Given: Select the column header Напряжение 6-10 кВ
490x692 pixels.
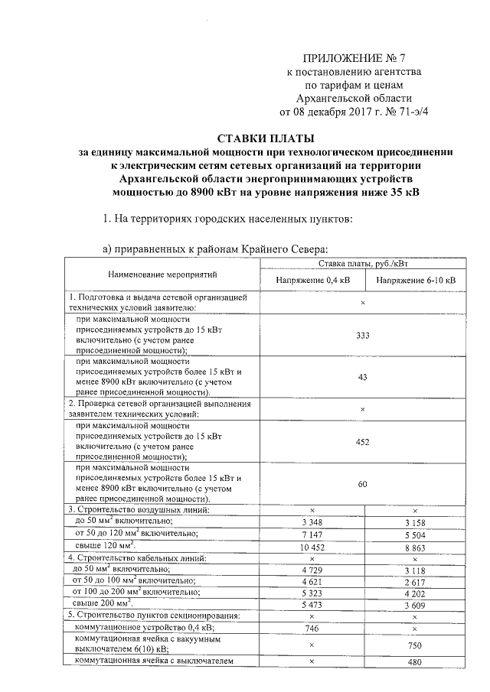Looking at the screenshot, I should [414, 281].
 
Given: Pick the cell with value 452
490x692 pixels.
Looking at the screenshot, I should [363, 441].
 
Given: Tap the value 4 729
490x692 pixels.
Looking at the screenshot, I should [312, 570].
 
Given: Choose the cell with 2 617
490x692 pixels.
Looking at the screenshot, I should [414, 581].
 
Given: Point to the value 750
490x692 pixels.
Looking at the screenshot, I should [414, 644].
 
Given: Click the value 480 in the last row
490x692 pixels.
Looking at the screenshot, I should [414, 662].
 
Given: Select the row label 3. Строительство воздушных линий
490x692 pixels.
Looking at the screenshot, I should [138, 509].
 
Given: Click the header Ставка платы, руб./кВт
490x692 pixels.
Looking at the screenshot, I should [364, 264].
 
